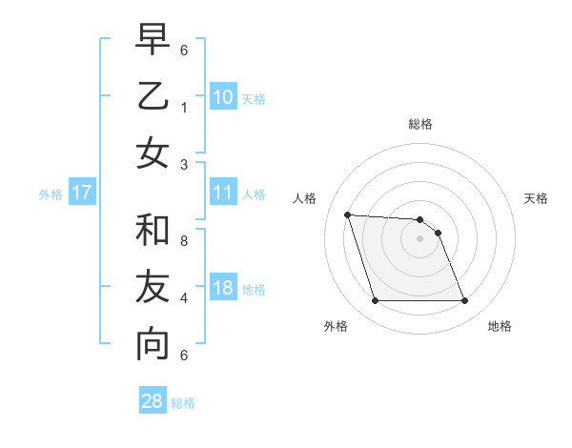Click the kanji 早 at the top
(153, 39)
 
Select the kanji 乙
(153, 96)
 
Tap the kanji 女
(153, 153)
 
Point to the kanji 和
(153, 231)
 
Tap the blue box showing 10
(222, 96)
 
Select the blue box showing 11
(222, 193)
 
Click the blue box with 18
(222, 289)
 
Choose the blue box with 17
(81, 193)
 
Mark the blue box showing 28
(153, 401)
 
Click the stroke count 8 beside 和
(184, 241)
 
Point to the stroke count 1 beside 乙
(184, 107)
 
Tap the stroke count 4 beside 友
(184, 298)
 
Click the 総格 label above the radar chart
(419, 124)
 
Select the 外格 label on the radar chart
(336, 326)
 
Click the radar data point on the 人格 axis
(348, 214)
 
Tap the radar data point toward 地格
(464, 301)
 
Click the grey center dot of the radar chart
(419, 238)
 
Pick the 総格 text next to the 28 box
(183, 403)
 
